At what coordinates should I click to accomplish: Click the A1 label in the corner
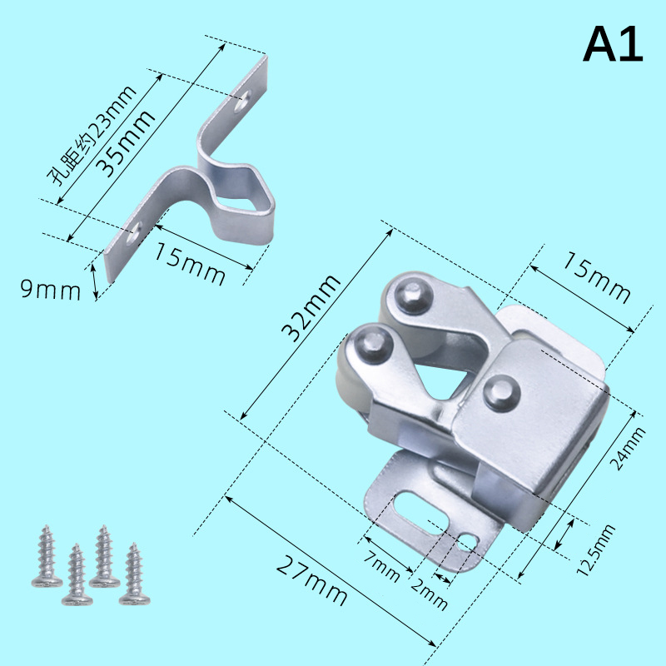[x=613, y=44]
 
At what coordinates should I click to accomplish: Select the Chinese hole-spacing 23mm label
[x=92, y=135]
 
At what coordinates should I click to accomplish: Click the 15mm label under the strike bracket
[x=190, y=263]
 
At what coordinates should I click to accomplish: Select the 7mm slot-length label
[x=381, y=567]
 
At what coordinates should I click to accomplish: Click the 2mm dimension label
[x=429, y=594]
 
